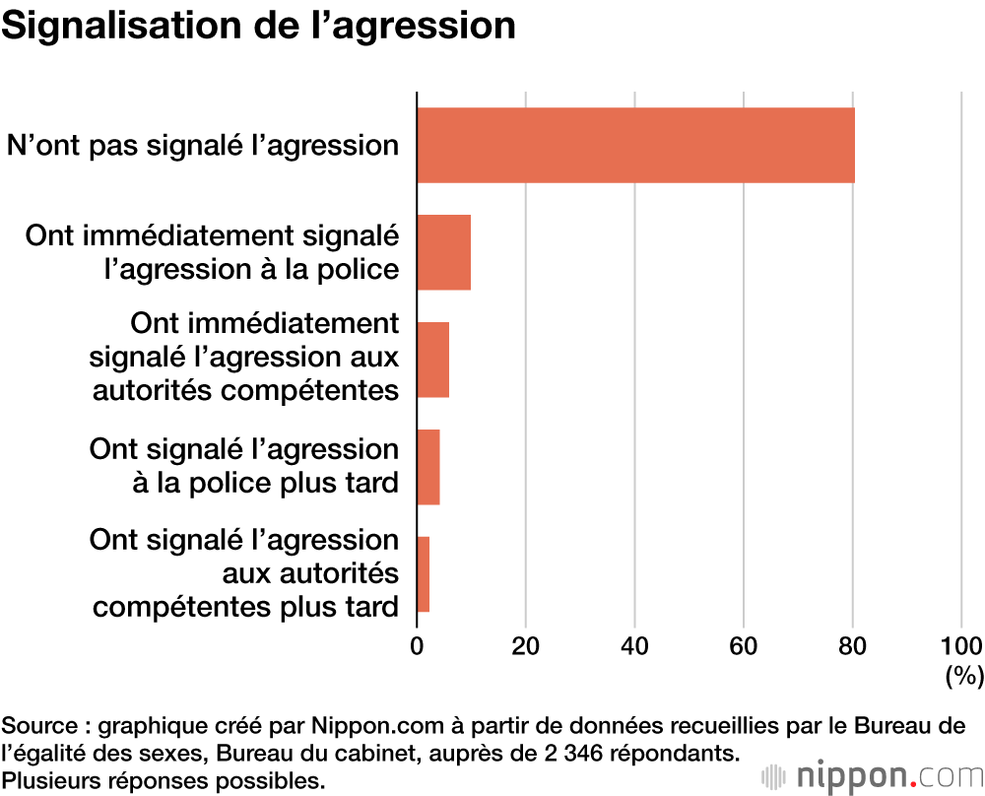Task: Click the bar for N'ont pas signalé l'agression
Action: (635, 145)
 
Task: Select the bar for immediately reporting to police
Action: (443, 252)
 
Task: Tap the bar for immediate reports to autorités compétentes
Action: (432, 360)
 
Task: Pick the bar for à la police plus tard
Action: (427, 467)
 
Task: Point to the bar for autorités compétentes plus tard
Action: (423, 574)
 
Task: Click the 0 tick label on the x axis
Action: (418, 646)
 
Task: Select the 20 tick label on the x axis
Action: (526, 646)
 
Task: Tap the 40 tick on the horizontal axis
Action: (635, 646)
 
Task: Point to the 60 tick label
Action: (744, 646)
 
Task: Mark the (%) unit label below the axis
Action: (964, 676)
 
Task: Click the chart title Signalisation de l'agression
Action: (258, 27)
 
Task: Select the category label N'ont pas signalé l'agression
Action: (203, 146)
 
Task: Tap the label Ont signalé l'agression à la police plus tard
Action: (243, 467)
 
